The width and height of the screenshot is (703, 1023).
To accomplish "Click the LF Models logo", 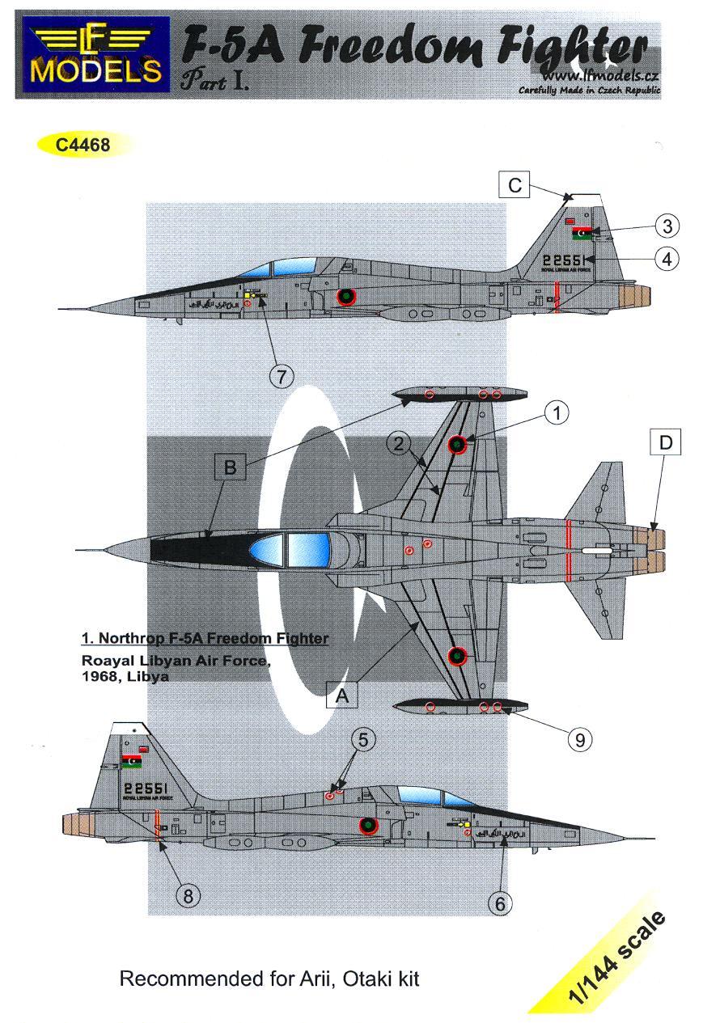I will pyautogui.click(x=92, y=56).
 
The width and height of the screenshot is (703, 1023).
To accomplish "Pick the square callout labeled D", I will pyautogui.click(x=666, y=443).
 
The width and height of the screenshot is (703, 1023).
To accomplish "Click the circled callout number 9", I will pyautogui.click(x=580, y=738).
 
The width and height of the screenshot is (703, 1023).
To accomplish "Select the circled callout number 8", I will pyautogui.click(x=188, y=895).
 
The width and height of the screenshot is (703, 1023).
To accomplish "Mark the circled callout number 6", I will pyautogui.click(x=499, y=903).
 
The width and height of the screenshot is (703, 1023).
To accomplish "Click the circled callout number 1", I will pyautogui.click(x=556, y=413).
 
